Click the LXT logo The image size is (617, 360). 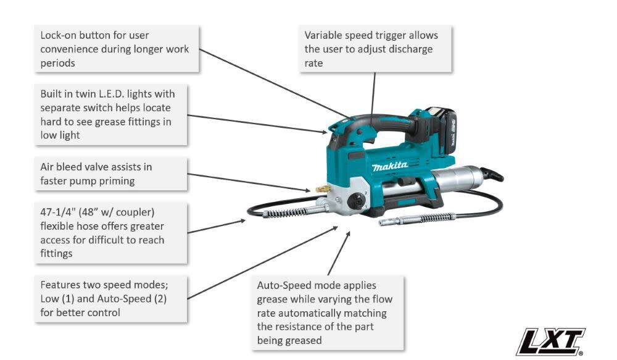[x=551, y=341]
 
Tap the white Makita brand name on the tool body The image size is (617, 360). [x=390, y=166]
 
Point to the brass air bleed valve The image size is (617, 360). [x=322, y=188]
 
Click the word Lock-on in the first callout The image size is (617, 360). [x=59, y=36]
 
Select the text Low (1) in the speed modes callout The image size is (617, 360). [x=58, y=299]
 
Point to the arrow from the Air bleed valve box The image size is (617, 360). [x=247, y=182]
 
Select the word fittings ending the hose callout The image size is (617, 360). [x=57, y=253]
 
